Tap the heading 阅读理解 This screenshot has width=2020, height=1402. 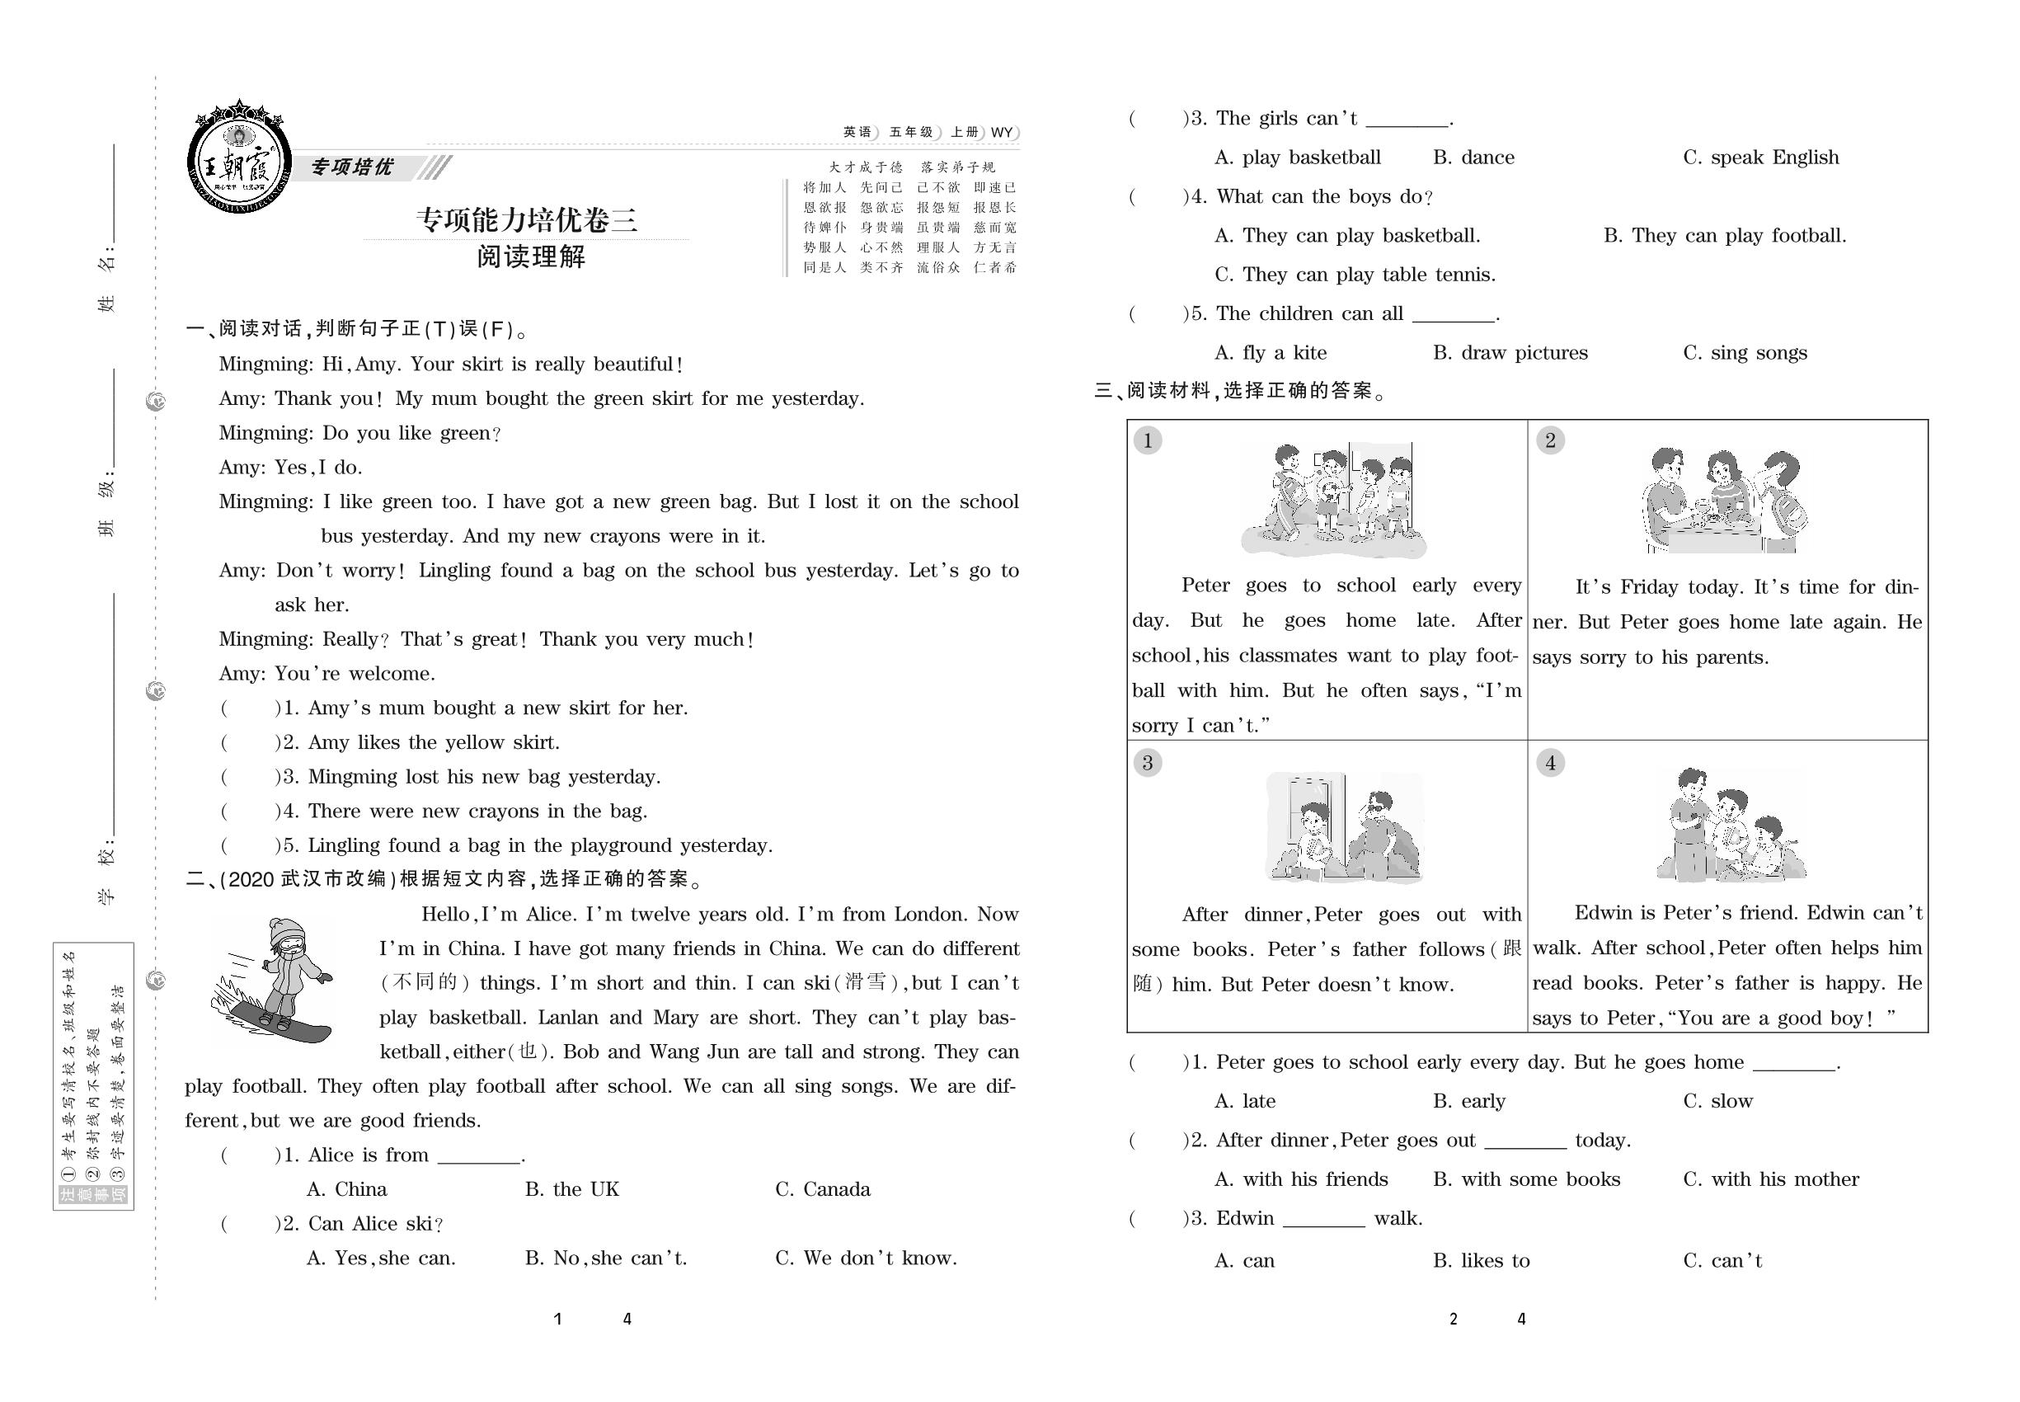(x=530, y=256)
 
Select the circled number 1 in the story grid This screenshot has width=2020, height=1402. (x=1147, y=440)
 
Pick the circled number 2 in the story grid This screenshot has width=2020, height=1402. (x=1549, y=440)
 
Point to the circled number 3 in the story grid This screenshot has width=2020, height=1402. (x=1147, y=763)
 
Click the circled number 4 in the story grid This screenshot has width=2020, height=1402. (x=1549, y=763)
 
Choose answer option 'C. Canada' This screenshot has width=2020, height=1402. (x=822, y=1189)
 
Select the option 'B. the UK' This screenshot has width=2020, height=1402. (x=571, y=1189)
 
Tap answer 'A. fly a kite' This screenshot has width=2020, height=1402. (x=1270, y=353)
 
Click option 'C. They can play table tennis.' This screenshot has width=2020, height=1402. (x=1355, y=275)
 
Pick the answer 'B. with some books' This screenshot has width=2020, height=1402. (x=1526, y=1180)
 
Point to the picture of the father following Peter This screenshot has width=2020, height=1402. (x=1344, y=827)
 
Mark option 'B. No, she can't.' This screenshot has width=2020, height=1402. (x=606, y=1259)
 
